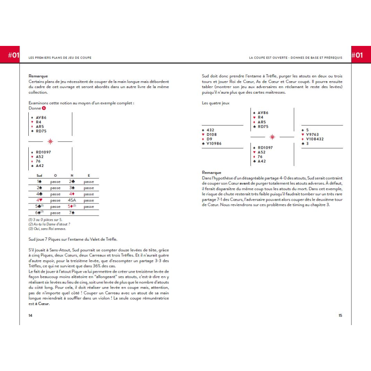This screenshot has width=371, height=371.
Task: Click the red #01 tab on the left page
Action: [13, 55]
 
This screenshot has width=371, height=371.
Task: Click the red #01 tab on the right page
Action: [357, 55]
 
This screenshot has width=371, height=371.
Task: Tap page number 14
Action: [30, 315]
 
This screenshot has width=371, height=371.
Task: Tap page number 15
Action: [340, 315]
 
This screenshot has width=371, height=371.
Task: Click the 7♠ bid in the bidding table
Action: [72, 212]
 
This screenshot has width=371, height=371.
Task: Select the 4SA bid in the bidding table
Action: [72, 200]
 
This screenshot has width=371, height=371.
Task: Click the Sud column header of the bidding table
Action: [39, 176]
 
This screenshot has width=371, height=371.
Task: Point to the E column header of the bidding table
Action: [89, 176]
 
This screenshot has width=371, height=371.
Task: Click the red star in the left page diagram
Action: [50, 141]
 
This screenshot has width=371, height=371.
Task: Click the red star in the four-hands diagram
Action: [272, 136]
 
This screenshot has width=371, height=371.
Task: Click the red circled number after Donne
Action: [44, 108]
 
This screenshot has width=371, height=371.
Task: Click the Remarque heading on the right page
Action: [211, 172]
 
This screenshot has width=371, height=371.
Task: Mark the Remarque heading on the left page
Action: [38, 76]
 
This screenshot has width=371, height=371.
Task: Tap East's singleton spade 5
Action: [307, 130]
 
